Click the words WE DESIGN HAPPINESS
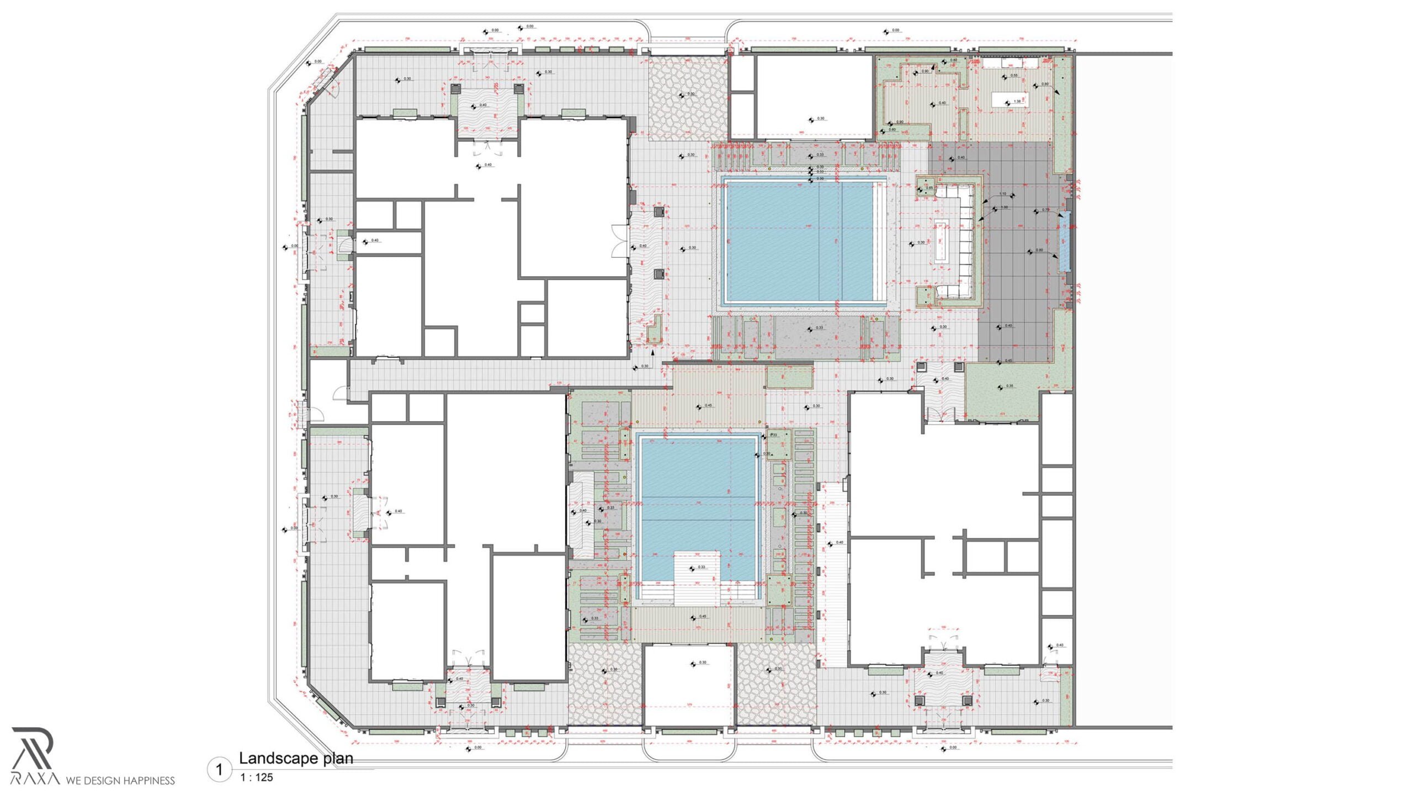tap(120, 781)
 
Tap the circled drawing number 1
tap(220, 770)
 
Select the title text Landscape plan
tap(296, 759)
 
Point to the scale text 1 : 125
tap(257, 777)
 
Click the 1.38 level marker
tap(1017, 102)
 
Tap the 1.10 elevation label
tap(1003, 194)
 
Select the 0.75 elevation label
tap(1045, 210)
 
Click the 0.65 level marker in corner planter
tap(929, 188)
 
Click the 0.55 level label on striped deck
tap(1014, 76)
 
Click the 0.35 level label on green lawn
tap(1010, 386)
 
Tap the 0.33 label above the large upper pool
tap(820, 155)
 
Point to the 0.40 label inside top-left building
tap(487, 165)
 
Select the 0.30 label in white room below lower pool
tap(702, 662)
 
